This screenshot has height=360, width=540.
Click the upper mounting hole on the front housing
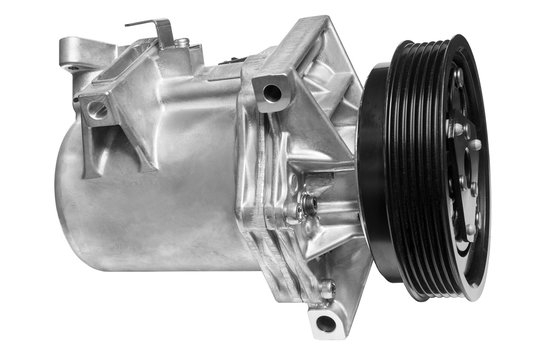point(270,95)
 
